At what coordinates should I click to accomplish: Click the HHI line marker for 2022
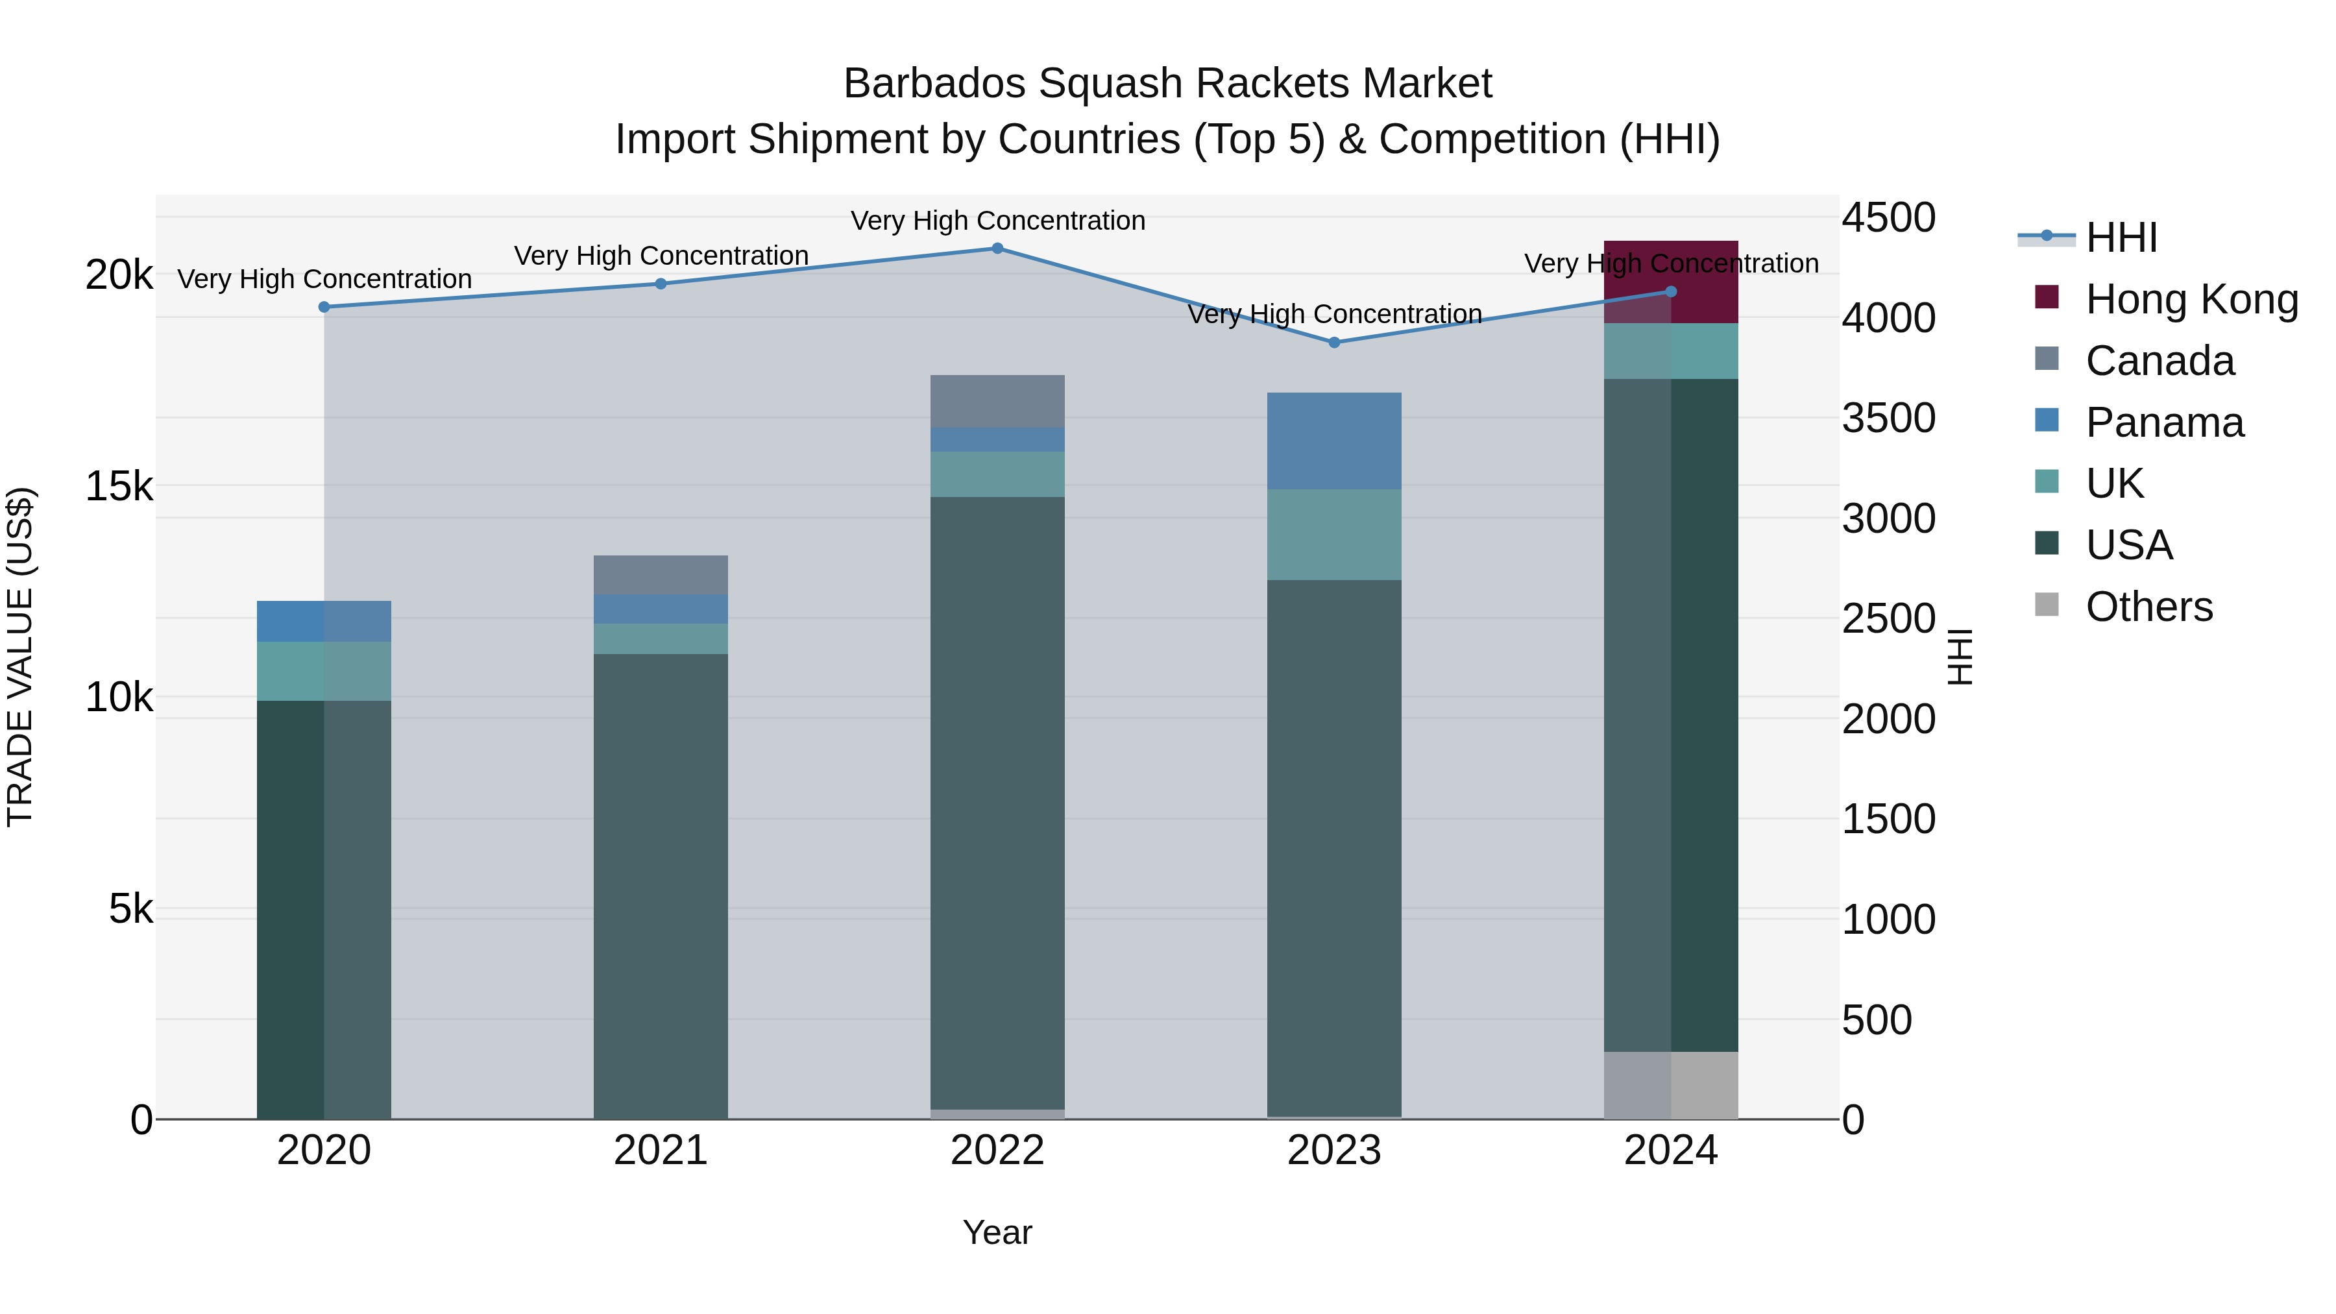pyautogui.click(x=997, y=249)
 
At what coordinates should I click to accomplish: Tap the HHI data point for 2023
pyautogui.click(x=1334, y=343)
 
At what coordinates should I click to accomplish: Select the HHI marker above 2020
pyautogui.click(x=324, y=308)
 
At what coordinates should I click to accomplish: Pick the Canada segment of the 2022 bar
pyautogui.click(x=997, y=401)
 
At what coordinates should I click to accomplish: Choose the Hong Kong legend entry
pyautogui.click(x=2191, y=299)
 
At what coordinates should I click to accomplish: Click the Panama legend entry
pyautogui.click(x=2163, y=422)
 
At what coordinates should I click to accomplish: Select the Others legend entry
pyautogui.click(x=2148, y=607)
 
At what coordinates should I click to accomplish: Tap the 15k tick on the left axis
pyautogui.click(x=119, y=487)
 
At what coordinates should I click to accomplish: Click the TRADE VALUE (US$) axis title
pyautogui.click(x=20, y=657)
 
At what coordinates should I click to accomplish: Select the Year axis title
pyautogui.click(x=997, y=1232)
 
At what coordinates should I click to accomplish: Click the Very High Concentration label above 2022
pyautogui.click(x=997, y=221)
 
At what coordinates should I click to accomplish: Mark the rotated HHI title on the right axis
pyautogui.click(x=1960, y=657)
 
